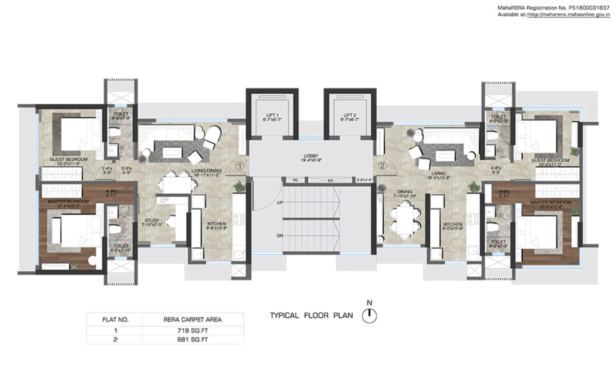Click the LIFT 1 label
point(272,115)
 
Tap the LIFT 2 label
point(350,115)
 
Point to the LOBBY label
point(311,156)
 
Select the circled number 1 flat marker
point(240,166)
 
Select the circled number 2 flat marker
point(383,166)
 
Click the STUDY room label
point(152,220)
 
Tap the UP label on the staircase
point(280,202)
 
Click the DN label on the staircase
point(280,236)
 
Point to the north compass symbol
point(369,316)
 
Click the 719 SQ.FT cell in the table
point(192,331)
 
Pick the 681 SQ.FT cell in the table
point(192,340)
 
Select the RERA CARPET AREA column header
point(192,320)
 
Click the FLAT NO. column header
point(115,320)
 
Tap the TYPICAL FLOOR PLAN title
point(311,315)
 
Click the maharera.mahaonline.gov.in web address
point(568,15)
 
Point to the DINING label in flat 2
point(404,192)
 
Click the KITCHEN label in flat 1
point(217,224)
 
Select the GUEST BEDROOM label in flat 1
point(69,159)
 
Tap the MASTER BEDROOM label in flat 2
point(550,202)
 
